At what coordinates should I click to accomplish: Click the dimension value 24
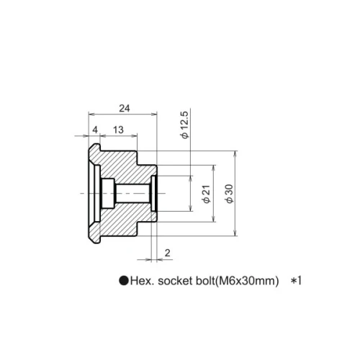pos(125,109)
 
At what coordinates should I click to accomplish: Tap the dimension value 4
pos(95,130)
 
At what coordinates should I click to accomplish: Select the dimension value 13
pos(118,130)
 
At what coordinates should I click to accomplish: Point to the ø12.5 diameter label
pos(185,125)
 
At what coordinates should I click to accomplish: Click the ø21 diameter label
pos(207,194)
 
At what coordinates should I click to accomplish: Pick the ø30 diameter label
pos(229,194)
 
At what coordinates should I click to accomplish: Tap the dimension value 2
pos(168,253)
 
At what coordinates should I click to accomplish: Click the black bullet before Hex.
pos(124,280)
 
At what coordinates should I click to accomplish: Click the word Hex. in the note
pos(142,281)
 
